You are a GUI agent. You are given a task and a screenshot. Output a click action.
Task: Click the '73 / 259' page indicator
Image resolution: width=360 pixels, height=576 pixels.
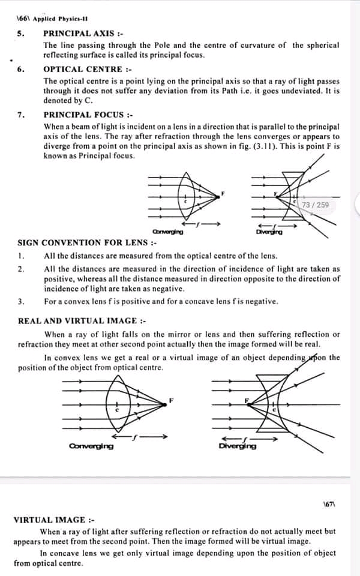(316, 205)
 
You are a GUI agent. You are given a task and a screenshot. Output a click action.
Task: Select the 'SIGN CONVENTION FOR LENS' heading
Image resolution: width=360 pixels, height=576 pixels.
(87, 243)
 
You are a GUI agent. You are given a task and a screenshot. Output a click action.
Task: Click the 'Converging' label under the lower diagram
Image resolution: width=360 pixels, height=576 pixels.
(91, 446)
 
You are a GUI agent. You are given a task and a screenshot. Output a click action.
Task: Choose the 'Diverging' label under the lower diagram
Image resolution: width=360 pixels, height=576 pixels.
(238, 446)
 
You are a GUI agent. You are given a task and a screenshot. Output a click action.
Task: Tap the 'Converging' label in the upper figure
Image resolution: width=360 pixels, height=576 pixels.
(168, 232)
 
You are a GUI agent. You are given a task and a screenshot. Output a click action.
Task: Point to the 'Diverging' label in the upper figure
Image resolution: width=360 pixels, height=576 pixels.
(269, 232)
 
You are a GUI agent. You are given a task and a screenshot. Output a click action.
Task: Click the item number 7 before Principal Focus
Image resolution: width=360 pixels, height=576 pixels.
(21, 114)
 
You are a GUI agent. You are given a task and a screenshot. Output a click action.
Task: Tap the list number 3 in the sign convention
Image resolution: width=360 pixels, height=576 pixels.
(21, 301)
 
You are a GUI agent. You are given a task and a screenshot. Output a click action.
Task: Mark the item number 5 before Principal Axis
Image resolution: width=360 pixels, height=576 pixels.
(21, 33)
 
